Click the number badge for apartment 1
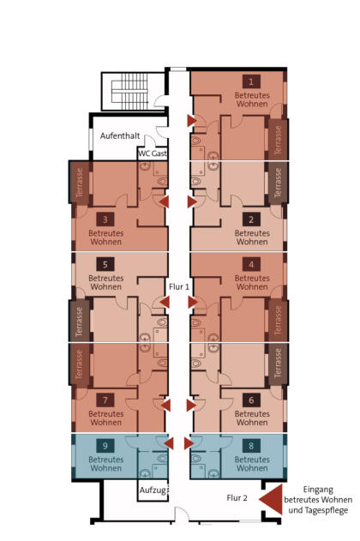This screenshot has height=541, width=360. (x=251, y=81)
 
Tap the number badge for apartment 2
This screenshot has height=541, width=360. (x=251, y=219)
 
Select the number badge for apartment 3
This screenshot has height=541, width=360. (x=105, y=219)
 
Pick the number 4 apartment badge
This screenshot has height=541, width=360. (x=251, y=265)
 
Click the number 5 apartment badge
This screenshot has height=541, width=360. (x=105, y=265)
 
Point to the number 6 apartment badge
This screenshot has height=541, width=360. (x=251, y=400)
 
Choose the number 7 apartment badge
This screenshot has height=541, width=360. (x=105, y=400)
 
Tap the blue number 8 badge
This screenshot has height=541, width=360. (x=251, y=446)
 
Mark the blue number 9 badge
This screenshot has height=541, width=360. (x=105, y=446)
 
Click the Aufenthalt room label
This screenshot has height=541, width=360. (x=120, y=136)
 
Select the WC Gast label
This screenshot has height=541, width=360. (x=153, y=153)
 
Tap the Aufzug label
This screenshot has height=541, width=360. (x=153, y=490)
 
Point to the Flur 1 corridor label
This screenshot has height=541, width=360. (x=179, y=286)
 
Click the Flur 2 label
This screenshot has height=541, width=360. (x=237, y=498)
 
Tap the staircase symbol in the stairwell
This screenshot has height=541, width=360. (x=129, y=88)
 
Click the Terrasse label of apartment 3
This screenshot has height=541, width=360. (x=80, y=183)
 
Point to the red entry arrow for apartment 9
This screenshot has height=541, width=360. (x=169, y=443)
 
